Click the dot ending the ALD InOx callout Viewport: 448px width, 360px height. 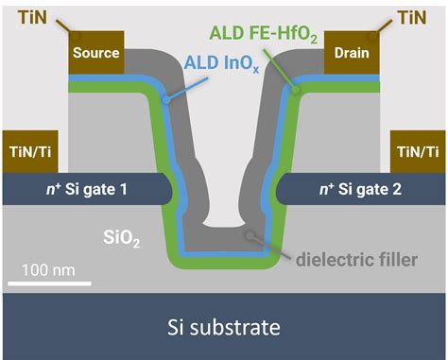pos(166,97)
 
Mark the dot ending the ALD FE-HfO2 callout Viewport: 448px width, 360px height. pos(296,91)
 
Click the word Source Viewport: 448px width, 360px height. pos(96,54)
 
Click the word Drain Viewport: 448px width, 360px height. pos(352,54)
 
